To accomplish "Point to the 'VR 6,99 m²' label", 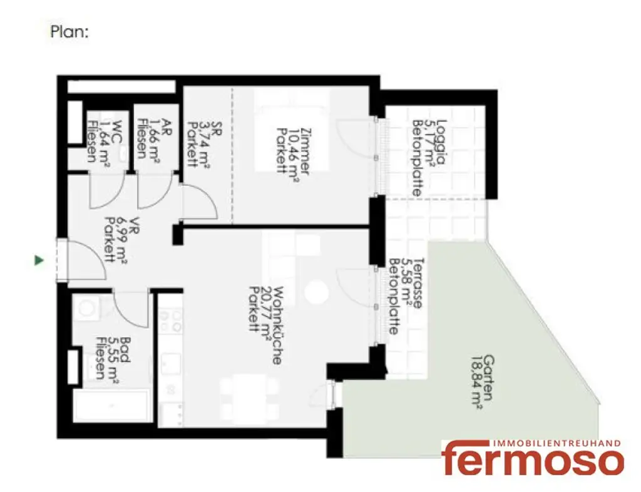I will pyautogui.click(x=115, y=240).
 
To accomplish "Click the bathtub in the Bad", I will pyautogui.click(x=110, y=407).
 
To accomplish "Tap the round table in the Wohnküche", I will pyautogui.click(x=316, y=291).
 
